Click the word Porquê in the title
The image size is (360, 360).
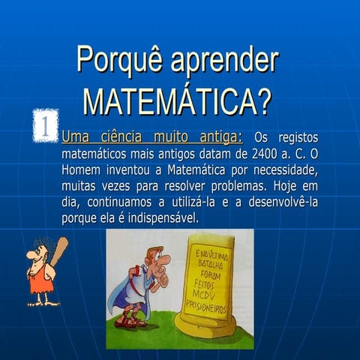(x=118, y=61)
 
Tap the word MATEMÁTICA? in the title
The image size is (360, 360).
(x=177, y=100)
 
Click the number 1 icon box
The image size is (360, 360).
(x=46, y=125)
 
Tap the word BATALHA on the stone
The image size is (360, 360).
(x=209, y=263)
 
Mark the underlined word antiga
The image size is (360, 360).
(x=220, y=138)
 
